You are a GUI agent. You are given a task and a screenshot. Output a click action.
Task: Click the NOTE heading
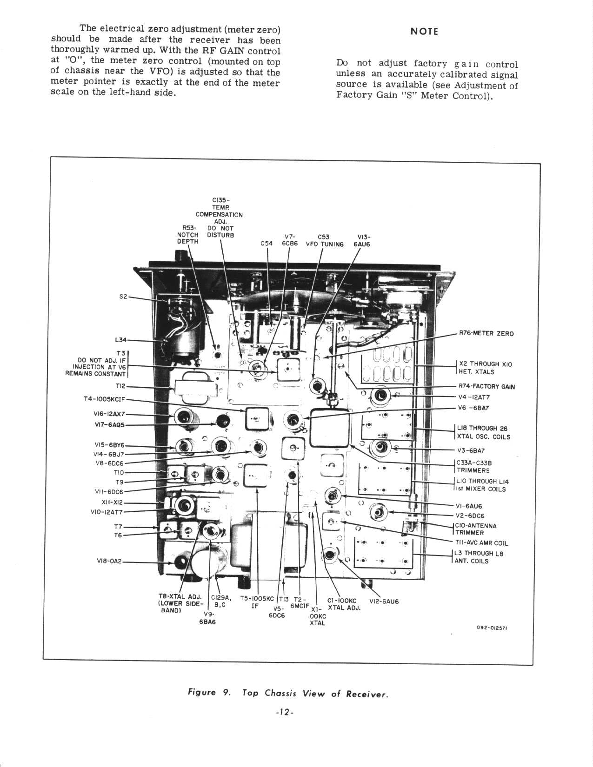coord(424,32)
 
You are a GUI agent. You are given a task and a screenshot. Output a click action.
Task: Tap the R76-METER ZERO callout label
coord(486,334)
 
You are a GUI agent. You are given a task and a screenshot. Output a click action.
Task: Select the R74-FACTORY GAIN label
coord(486,386)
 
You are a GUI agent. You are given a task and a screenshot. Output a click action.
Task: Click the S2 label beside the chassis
coord(123,297)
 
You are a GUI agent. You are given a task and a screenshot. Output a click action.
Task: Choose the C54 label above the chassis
coord(267,244)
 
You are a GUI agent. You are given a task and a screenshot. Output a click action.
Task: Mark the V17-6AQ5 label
coord(108,425)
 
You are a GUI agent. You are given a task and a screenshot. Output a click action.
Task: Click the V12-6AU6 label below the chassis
coord(384,602)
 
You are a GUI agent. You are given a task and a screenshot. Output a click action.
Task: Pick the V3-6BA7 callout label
coord(472,451)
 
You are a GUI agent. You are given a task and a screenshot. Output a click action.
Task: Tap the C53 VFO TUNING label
coord(324,240)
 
